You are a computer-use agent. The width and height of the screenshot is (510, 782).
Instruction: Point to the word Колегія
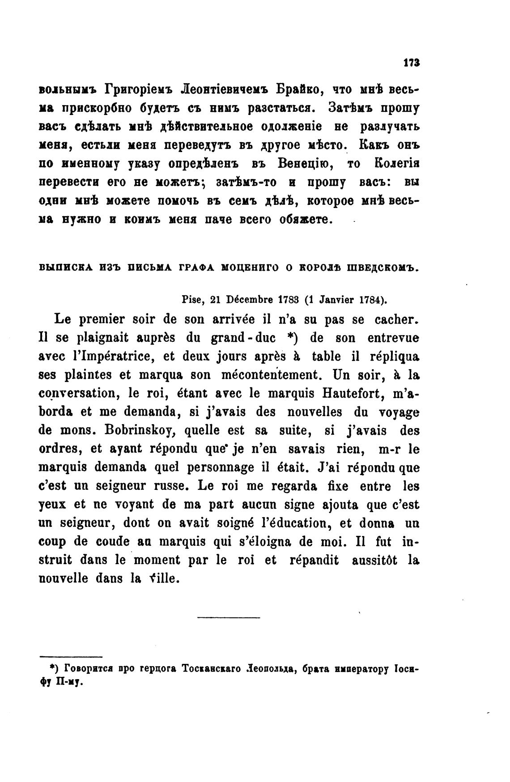click(x=394, y=164)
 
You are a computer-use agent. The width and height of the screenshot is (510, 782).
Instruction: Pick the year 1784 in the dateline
click(x=372, y=300)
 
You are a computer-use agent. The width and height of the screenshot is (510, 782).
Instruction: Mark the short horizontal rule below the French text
click(x=228, y=619)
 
